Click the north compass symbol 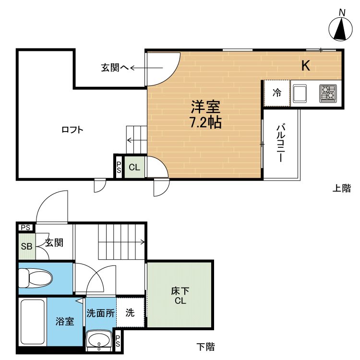341,29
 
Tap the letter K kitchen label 305,66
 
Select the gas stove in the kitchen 329,93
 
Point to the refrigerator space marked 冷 277,93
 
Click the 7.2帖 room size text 205,122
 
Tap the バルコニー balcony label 281,144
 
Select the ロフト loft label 72,130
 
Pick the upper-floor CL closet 134,168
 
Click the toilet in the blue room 35,277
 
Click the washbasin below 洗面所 99,340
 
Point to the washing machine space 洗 130,313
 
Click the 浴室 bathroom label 64,321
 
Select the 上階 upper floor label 342,189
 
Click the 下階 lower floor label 206,346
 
